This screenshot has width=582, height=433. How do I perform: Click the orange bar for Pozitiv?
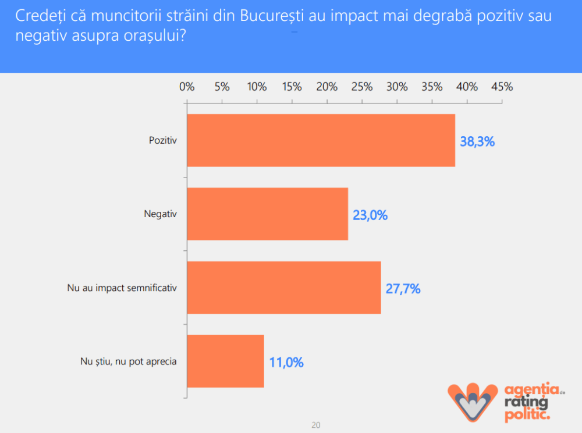(321, 140)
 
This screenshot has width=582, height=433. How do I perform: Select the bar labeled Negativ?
(267, 214)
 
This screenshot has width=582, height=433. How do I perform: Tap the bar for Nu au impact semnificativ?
(283, 288)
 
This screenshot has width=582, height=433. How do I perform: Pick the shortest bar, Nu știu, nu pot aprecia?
(225, 361)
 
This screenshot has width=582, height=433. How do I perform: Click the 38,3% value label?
(477, 141)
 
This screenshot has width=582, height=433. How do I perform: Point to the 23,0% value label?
(370, 215)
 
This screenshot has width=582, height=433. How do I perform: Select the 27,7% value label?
(403, 289)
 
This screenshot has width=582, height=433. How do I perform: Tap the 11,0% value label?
(286, 362)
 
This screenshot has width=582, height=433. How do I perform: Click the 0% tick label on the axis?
(187, 87)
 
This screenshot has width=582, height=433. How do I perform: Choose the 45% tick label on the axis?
(502, 87)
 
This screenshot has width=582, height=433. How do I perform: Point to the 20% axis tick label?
(327, 87)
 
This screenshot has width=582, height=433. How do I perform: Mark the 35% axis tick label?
(432, 87)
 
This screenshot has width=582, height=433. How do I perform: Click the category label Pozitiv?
(163, 140)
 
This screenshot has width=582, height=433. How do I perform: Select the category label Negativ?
(161, 214)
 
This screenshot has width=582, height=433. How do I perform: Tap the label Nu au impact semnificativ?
(122, 288)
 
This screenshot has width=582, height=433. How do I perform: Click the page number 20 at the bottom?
(316, 425)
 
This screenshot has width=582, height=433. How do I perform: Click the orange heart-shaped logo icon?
(471, 401)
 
